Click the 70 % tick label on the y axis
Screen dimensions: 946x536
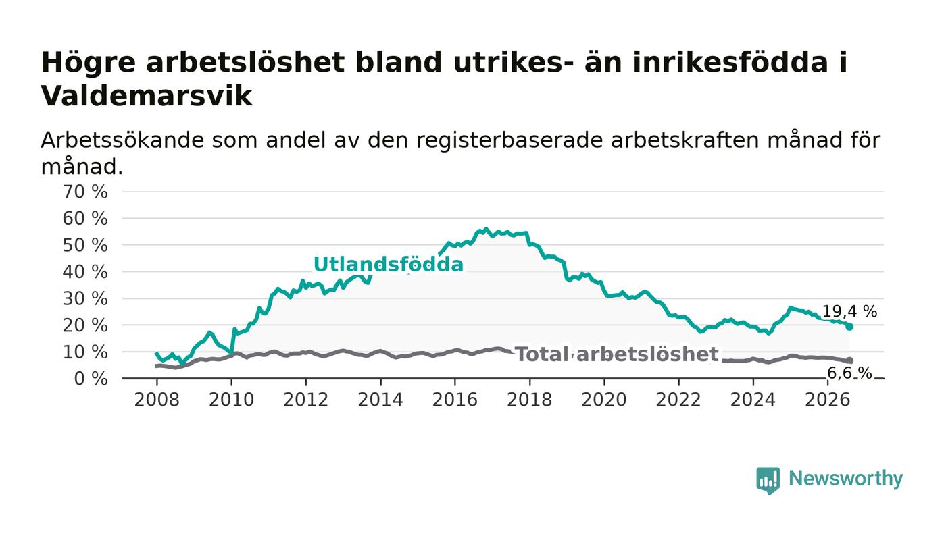click(85, 192)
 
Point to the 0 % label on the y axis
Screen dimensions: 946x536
click(91, 379)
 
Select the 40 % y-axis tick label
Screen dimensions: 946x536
click(85, 272)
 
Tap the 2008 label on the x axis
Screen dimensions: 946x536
click(157, 400)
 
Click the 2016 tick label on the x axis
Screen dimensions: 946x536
click(455, 400)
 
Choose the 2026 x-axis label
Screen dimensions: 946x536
click(827, 400)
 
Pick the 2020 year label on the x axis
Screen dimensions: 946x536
click(604, 400)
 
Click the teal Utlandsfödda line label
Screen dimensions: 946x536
click(389, 265)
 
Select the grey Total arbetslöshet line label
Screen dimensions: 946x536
click(617, 354)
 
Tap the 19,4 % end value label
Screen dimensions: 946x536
click(850, 311)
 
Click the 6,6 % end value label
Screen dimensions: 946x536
click(849, 373)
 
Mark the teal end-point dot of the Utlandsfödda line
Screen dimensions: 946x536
click(849, 327)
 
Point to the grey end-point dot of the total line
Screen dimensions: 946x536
click(850, 360)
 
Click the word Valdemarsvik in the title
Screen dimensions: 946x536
click(147, 97)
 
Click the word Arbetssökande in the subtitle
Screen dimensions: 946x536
click(122, 140)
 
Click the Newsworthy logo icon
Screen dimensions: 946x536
click(768, 481)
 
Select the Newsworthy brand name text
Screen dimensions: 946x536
click(845, 479)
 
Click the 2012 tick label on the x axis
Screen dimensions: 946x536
click(305, 400)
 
